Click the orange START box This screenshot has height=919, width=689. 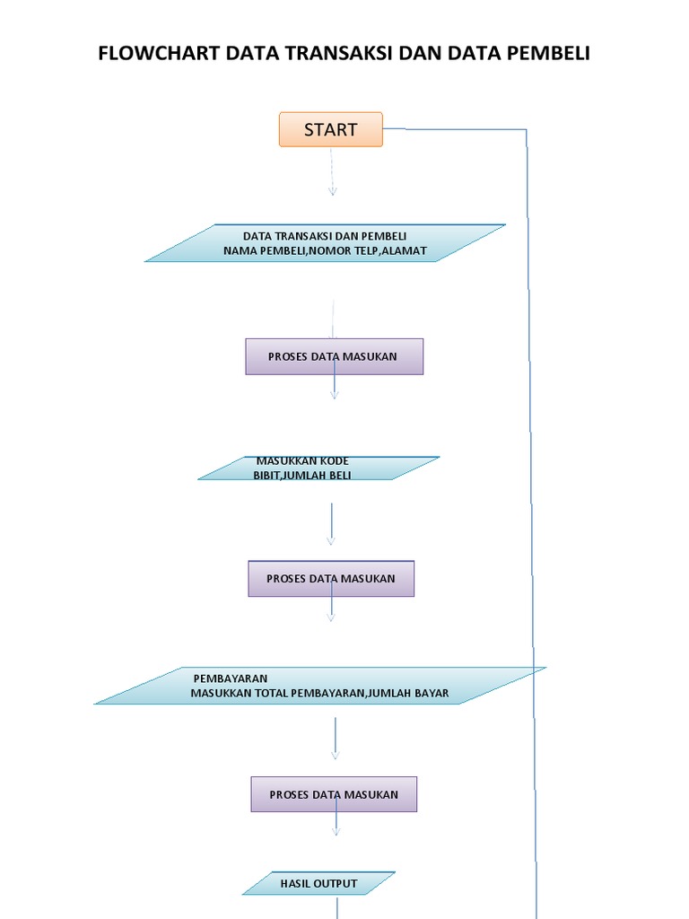pyautogui.click(x=330, y=129)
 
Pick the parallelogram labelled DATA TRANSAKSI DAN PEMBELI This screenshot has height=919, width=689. pyautogui.click(x=325, y=243)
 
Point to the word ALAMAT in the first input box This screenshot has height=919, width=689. pyautogui.click(x=405, y=250)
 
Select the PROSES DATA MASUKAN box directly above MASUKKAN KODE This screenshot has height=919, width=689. pyautogui.click(x=334, y=356)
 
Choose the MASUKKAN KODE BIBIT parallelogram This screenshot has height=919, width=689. pyautogui.click(x=318, y=468)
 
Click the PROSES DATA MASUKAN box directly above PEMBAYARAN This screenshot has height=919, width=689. pyautogui.click(x=331, y=579)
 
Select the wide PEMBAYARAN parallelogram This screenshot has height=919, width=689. pyautogui.click(x=319, y=686)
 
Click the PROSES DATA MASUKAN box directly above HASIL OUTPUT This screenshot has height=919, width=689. pyautogui.click(x=334, y=794)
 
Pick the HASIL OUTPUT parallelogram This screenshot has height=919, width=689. pyautogui.click(x=318, y=883)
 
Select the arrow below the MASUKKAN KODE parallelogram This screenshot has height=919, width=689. pyautogui.click(x=331, y=523)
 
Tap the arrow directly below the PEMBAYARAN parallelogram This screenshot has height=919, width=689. pyautogui.click(x=336, y=738)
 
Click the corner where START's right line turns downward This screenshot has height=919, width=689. pyautogui.click(x=526, y=131)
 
